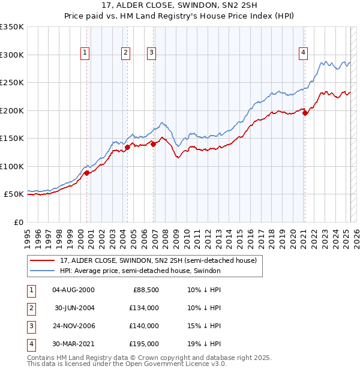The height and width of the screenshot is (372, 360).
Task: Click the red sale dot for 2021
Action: coord(305,112)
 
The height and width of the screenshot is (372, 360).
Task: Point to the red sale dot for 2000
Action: coord(87,173)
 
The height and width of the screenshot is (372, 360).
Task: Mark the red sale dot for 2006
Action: coord(154,143)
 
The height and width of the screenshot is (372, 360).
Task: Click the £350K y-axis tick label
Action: coord(12,27)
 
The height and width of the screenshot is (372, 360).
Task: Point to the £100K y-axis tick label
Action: coord(12,166)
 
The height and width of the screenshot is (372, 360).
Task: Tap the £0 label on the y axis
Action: coord(18,222)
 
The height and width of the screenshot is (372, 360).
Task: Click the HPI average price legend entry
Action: coord(140,271)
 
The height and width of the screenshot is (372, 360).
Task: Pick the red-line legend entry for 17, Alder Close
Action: coord(158,260)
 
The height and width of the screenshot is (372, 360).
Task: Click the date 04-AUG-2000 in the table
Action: coord(74,290)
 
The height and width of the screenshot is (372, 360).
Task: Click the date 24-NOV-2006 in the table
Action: coord(74,326)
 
